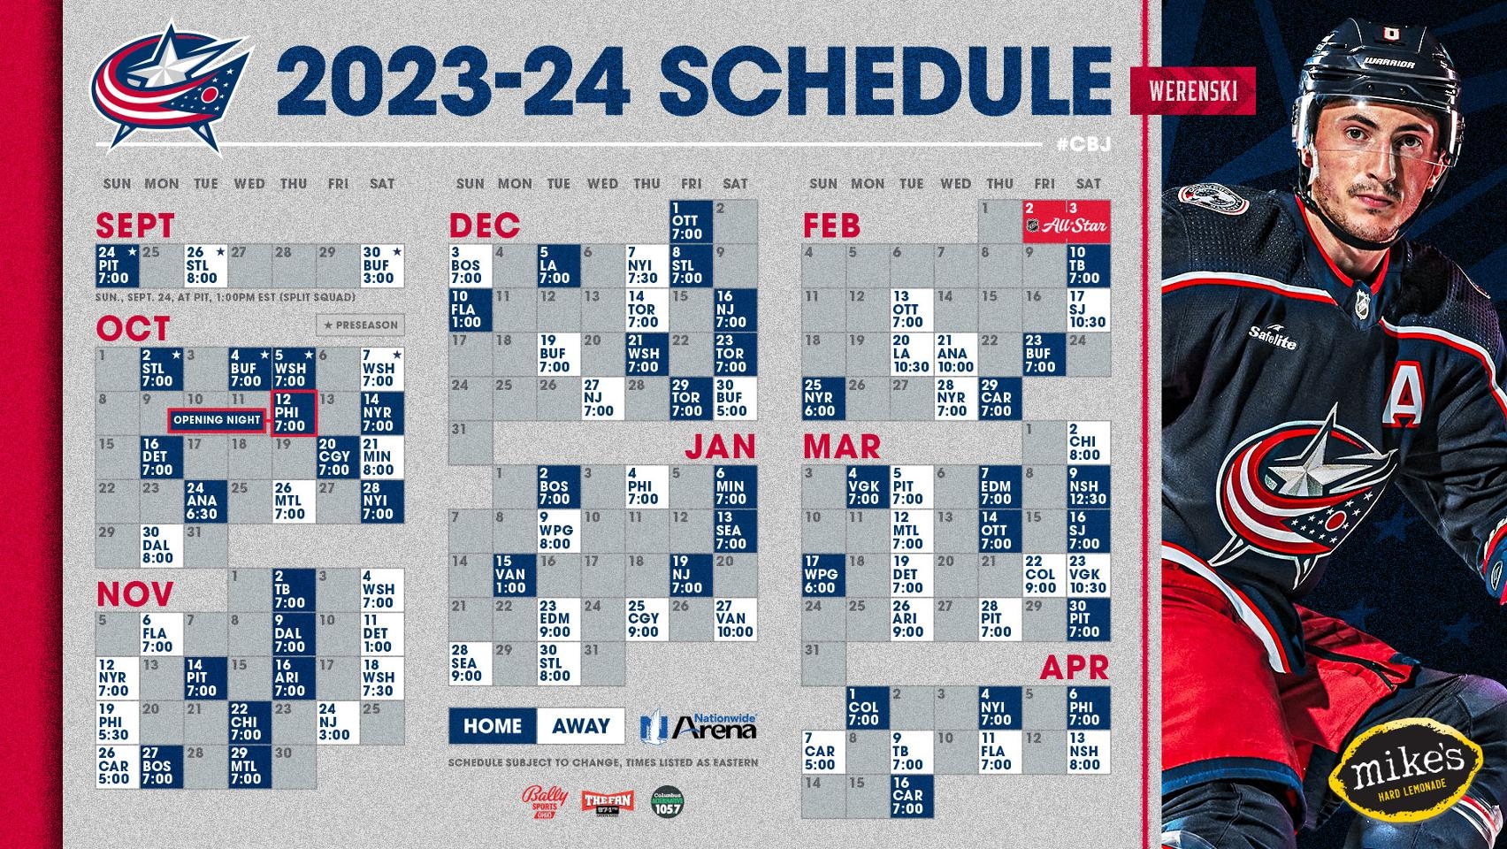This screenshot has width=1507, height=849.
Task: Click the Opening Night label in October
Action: [x=217, y=419]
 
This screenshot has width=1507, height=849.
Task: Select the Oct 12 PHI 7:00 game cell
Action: [x=294, y=412]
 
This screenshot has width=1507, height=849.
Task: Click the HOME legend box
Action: [x=492, y=726]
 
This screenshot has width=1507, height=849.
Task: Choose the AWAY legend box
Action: [x=580, y=726]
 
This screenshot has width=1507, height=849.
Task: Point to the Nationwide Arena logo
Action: [x=700, y=725]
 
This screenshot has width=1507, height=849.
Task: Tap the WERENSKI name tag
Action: [x=1191, y=90]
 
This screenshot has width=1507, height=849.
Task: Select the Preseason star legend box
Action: [x=360, y=325]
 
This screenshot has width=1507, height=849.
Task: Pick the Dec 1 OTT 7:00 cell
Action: [x=691, y=221]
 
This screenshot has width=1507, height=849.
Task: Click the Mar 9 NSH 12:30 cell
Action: [x=1087, y=486]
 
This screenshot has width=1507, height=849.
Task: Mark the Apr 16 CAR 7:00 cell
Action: [x=911, y=795]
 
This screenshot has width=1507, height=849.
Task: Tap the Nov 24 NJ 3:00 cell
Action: [x=338, y=722]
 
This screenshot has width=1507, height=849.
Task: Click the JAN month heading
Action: [x=720, y=446]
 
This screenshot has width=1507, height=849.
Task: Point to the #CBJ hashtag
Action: [x=1083, y=143]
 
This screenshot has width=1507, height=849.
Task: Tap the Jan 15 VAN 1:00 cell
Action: [x=514, y=574]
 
